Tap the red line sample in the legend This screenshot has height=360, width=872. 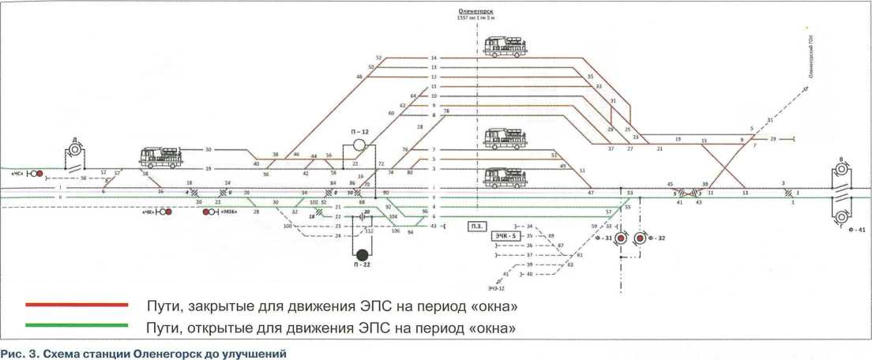click(x=77, y=304)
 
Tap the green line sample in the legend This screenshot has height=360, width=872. click(x=77, y=325)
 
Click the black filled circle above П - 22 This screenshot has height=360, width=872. click(x=362, y=254)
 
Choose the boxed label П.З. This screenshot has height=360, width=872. click(x=476, y=226)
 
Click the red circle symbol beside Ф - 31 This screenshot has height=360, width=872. click(x=621, y=238)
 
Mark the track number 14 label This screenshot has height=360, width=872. click(x=434, y=58)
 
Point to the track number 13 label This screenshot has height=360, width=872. click(x=434, y=68)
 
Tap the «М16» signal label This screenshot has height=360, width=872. click(x=230, y=212)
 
